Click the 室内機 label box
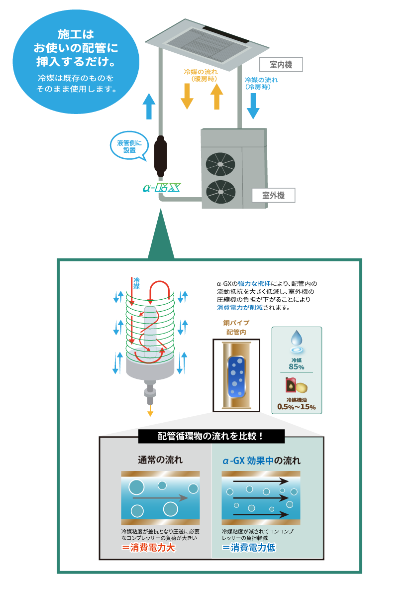[x=281, y=65]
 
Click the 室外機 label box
[x=274, y=196]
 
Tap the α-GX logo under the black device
[x=161, y=188]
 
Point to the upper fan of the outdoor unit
[x=220, y=164]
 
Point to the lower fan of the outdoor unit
[x=220, y=192]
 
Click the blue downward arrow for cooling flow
[x=253, y=106]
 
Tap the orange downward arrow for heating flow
[x=187, y=96]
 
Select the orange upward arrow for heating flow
[x=216, y=96]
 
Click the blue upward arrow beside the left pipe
[x=149, y=106]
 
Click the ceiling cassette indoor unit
[x=207, y=43]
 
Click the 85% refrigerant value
[x=297, y=367]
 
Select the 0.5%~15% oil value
[x=297, y=407]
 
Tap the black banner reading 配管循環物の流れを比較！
[x=211, y=437]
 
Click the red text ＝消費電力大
[x=149, y=548]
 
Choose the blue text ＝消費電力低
[x=249, y=548]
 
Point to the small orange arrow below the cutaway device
[x=150, y=411]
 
